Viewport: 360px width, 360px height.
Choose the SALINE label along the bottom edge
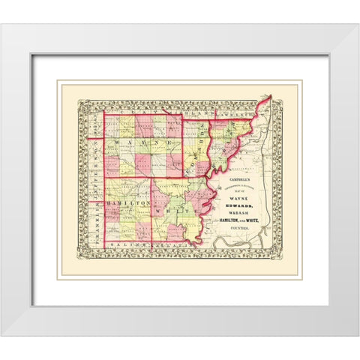pos(120,245)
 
